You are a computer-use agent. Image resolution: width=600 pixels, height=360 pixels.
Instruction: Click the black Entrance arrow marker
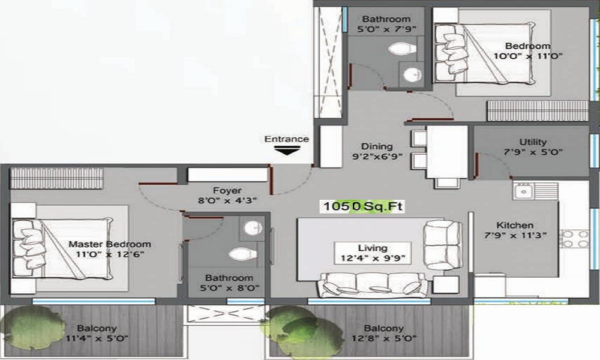point(287,151)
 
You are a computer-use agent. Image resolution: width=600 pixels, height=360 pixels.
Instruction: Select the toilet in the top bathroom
point(402,49)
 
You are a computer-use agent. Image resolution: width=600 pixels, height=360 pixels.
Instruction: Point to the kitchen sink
point(523,191)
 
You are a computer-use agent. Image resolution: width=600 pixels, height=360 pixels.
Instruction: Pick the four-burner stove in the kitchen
point(574,239)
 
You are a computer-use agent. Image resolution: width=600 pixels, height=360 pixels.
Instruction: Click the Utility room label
point(533,142)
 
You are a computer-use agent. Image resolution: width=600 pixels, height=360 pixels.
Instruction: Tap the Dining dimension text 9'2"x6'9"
point(377,157)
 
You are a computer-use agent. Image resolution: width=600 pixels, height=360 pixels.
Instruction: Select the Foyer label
point(227,190)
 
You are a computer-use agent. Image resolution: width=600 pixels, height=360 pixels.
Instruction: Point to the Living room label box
point(373,253)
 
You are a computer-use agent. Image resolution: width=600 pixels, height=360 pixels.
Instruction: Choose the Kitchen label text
point(515,225)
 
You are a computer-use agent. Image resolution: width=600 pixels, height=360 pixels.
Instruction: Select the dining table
point(447,152)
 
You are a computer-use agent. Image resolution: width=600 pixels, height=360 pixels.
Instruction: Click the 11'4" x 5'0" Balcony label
point(97,333)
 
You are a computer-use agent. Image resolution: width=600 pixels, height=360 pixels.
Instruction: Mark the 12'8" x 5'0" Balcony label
point(384,333)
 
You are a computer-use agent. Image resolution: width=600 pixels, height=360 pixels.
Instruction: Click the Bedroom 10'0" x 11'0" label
point(527,51)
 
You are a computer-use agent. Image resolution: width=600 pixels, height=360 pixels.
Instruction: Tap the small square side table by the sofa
point(446,285)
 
